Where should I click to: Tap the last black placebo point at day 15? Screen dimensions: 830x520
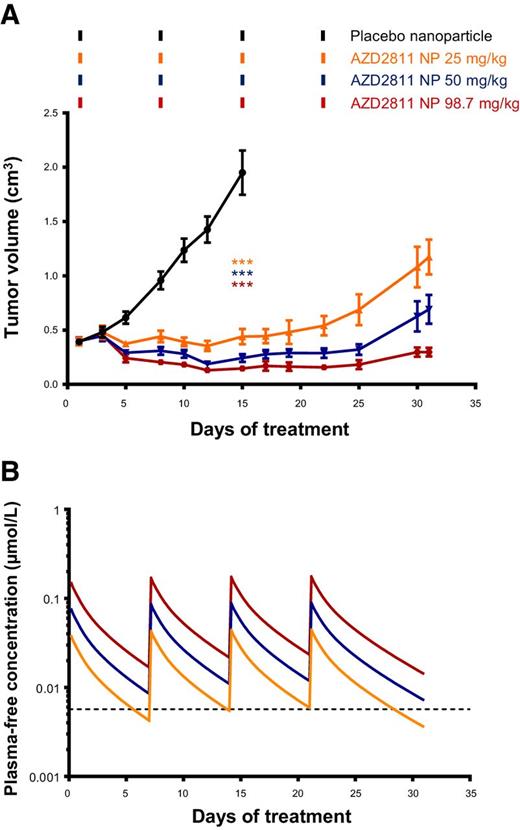click(x=242, y=173)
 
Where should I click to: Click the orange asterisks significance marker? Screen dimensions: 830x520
click(x=242, y=263)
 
